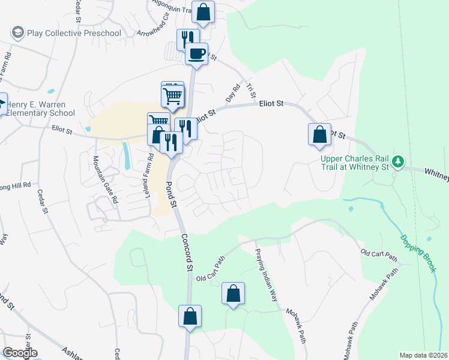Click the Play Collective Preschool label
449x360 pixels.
click(74, 33)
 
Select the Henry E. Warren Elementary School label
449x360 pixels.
click(41, 109)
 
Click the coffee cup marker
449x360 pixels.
click(196, 54)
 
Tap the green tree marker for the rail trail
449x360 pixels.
click(397, 161)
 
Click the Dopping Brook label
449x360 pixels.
click(418, 253)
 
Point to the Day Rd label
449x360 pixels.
click(232, 94)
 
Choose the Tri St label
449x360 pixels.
click(251, 91)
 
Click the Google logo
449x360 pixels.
click(20, 353)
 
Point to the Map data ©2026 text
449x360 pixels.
click(423, 355)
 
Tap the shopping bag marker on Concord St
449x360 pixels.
click(190, 316)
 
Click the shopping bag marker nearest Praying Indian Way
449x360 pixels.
click(233, 293)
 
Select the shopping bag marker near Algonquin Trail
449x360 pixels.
click(203, 12)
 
